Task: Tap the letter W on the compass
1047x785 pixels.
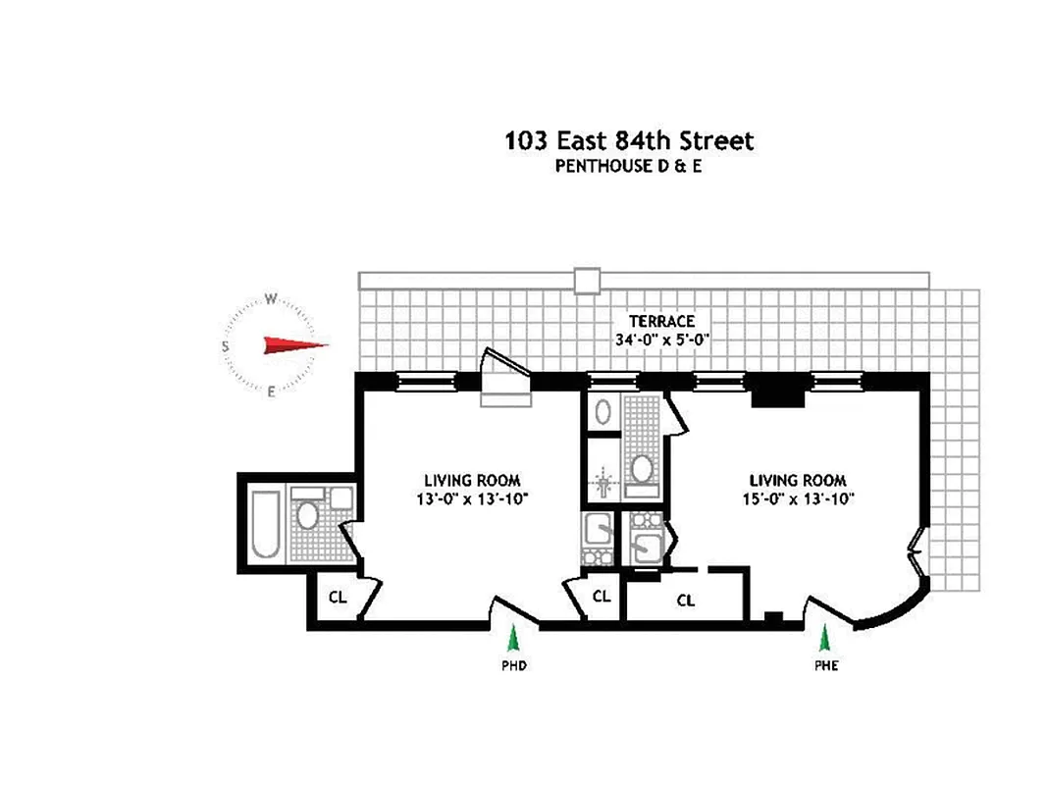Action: click(272, 300)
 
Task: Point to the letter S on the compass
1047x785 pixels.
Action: click(226, 345)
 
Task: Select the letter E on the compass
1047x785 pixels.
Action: click(272, 392)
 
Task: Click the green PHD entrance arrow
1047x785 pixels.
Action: click(512, 640)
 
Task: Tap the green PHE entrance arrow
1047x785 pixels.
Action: click(825, 639)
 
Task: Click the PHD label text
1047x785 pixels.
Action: click(512, 666)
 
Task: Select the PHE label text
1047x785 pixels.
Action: click(825, 666)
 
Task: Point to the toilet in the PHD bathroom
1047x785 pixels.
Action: click(307, 516)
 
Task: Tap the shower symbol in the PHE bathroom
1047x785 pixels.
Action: click(602, 483)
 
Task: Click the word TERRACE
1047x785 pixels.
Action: click(662, 321)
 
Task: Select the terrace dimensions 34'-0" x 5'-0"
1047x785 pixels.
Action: click(662, 340)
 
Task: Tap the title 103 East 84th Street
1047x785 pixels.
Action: click(629, 140)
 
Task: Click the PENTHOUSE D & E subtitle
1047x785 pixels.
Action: click(629, 166)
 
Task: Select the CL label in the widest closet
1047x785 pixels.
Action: click(686, 601)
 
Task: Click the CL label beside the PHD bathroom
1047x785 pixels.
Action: click(338, 597)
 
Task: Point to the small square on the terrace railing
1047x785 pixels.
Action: click(587, 280)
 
